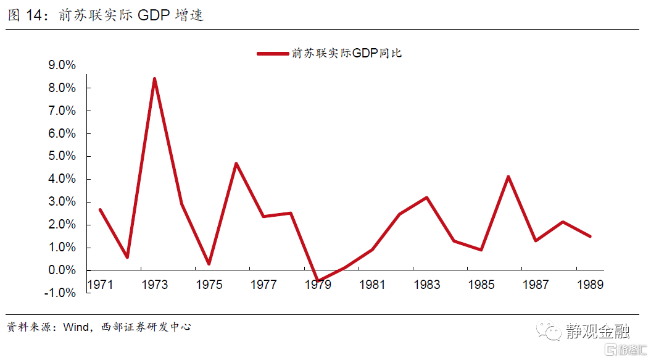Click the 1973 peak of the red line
click(x=154, y=78)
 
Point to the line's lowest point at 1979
click(x=318, y=281)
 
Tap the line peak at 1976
click(x=236, y=164)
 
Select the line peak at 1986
click(x=508, y=177)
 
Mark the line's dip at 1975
click(x=209, y=264)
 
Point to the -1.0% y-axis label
click(x=60, y=293)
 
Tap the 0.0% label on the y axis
click(x=61, y=270)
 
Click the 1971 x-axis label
click(x=100, y=285)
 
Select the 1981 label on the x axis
click(x=372, y=285)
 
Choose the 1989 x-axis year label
click(x=589, y=285)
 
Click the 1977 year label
click(x=263, y=285)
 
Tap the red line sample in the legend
click(x=273, y=54)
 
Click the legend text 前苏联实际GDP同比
click(x=347, y=54)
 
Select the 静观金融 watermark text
click(x=597, y=331)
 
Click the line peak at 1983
click(x=426, y=198)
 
